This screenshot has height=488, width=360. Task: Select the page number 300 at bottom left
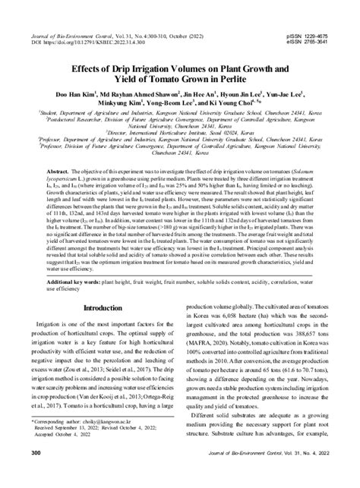pos(35,474)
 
